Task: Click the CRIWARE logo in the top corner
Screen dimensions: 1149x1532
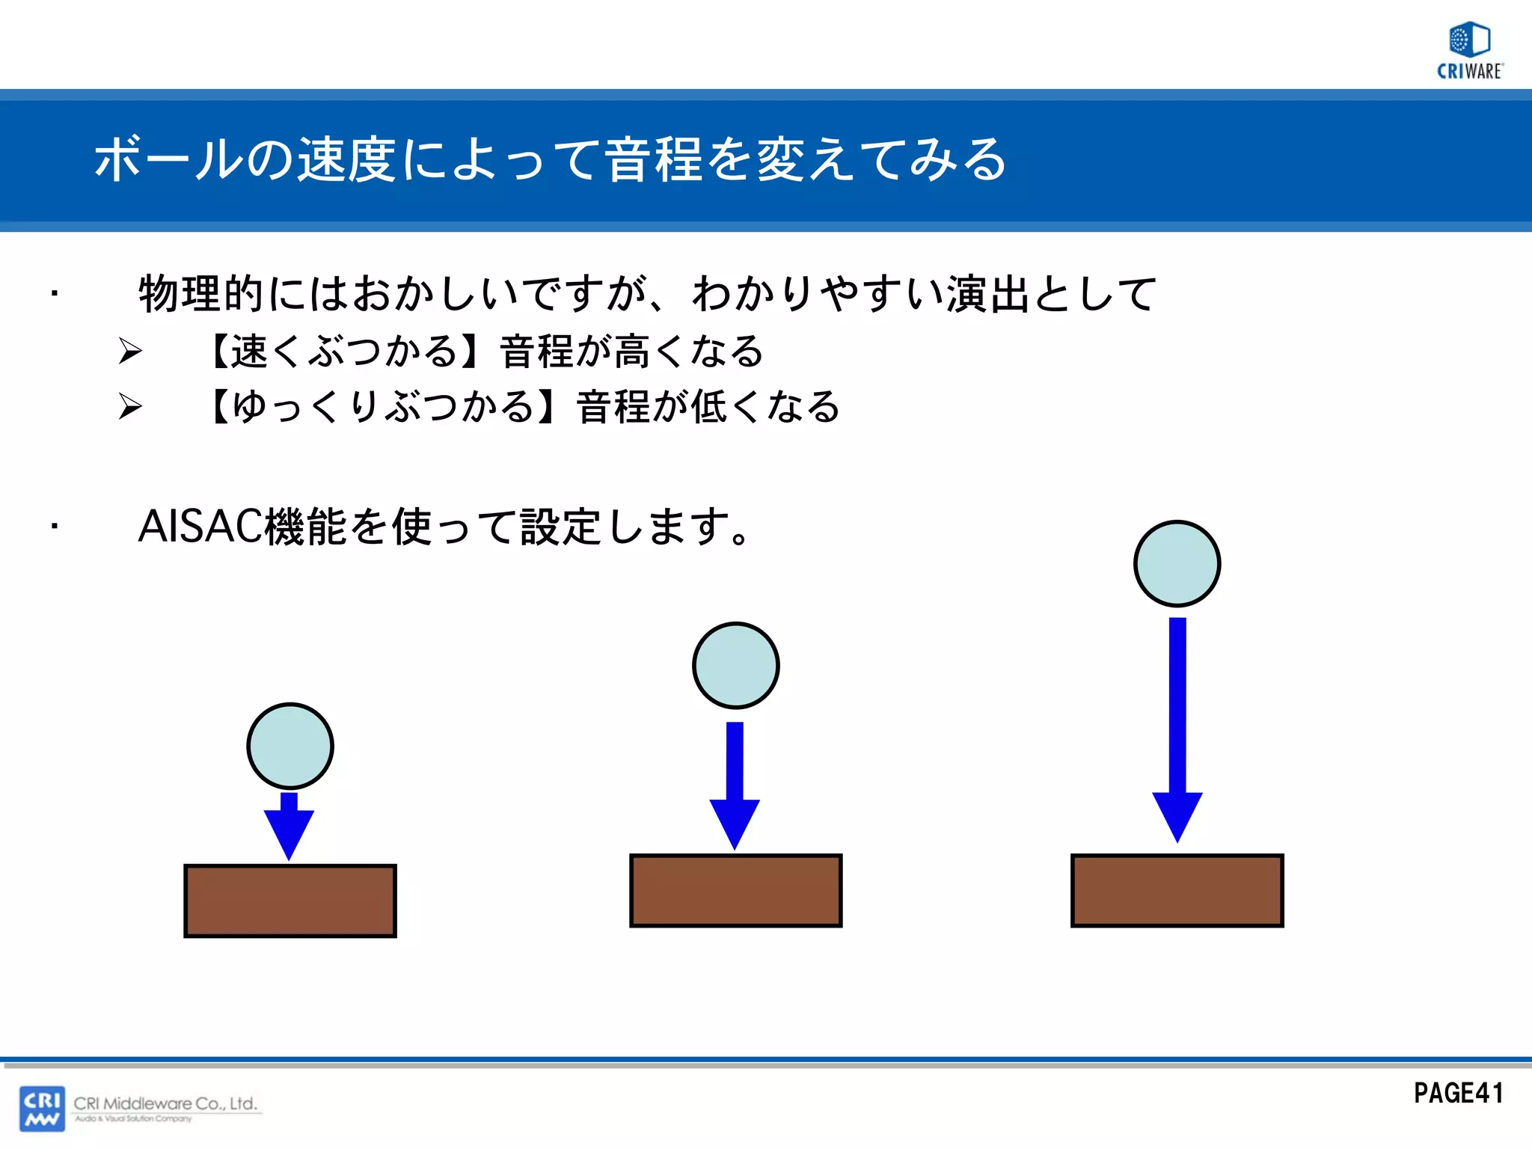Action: tap(1470, 51)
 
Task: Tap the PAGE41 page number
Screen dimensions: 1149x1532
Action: tap(1458, 1094)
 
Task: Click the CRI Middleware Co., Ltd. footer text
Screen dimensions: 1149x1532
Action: tap(165, 1103)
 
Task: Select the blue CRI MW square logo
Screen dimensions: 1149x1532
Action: tap(42, 1109)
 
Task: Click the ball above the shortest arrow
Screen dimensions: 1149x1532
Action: tap(290, 746)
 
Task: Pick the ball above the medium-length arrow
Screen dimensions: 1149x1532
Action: tap(736, 665)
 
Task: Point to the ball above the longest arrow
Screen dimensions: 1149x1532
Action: tap(1177, 563)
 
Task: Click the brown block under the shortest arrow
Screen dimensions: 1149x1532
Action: tap(290, 901)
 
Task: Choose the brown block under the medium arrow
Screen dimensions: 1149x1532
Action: tap(736, 890)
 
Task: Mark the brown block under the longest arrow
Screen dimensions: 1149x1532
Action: tap(1177, 890)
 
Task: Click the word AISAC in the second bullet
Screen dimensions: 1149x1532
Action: tap(200, 526)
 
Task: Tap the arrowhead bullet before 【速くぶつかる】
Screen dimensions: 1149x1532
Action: tap(130, 351)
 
